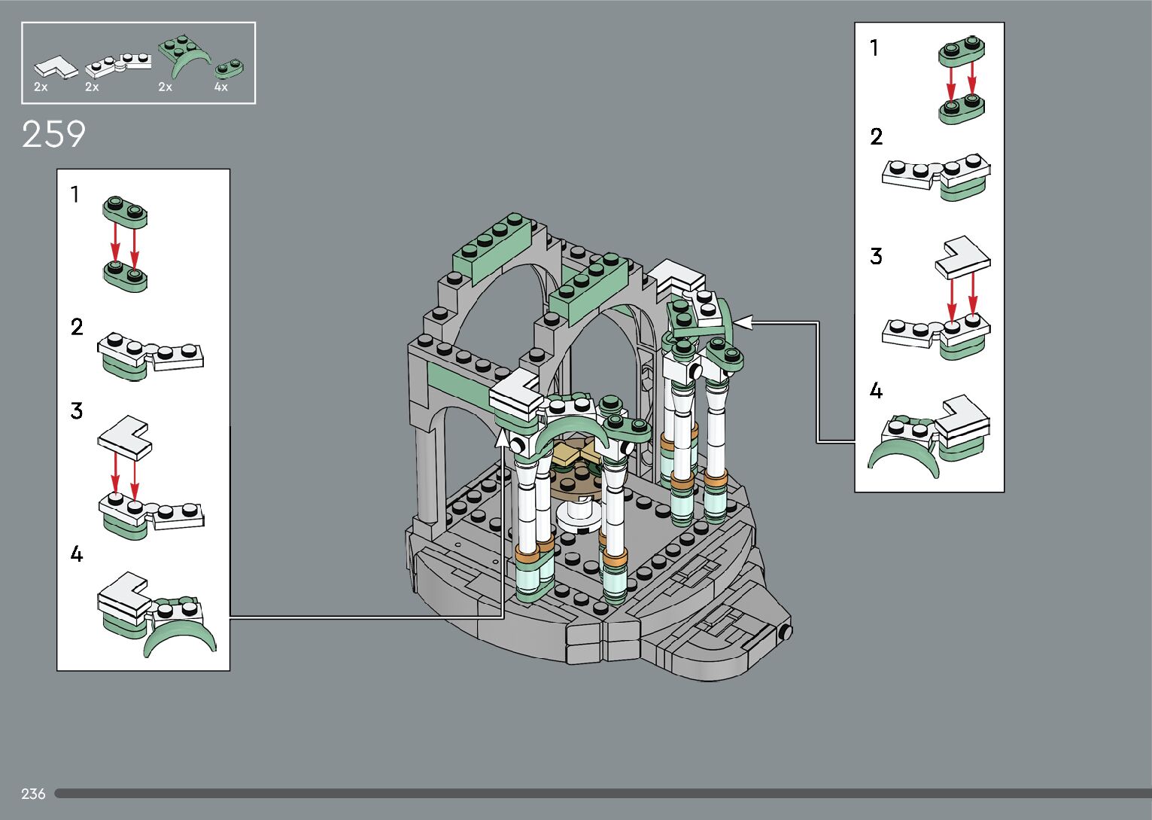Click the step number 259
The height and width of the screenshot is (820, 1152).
[53, 135]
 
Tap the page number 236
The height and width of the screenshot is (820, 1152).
[33, 794]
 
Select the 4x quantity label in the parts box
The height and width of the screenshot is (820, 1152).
[220, 87]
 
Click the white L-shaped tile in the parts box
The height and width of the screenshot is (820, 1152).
[56, 67]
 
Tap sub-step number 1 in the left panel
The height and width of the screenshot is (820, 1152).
[74, 195]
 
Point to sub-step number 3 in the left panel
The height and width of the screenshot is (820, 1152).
[76, 411]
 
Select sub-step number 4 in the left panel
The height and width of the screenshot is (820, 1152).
[76, 554]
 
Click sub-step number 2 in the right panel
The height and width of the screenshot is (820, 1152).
[876, 137]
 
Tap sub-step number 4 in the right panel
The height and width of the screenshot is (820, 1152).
[876, 391]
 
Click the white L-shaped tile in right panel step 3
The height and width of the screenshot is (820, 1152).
[962, 257]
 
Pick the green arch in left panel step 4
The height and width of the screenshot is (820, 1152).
[181, 636]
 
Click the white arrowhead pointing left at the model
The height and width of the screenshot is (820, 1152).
[743, 322]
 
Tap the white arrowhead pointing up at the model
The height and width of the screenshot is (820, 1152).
[502, 437]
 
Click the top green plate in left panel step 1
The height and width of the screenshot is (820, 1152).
[125, 210]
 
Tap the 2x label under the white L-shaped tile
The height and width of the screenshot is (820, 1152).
[41, 87]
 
